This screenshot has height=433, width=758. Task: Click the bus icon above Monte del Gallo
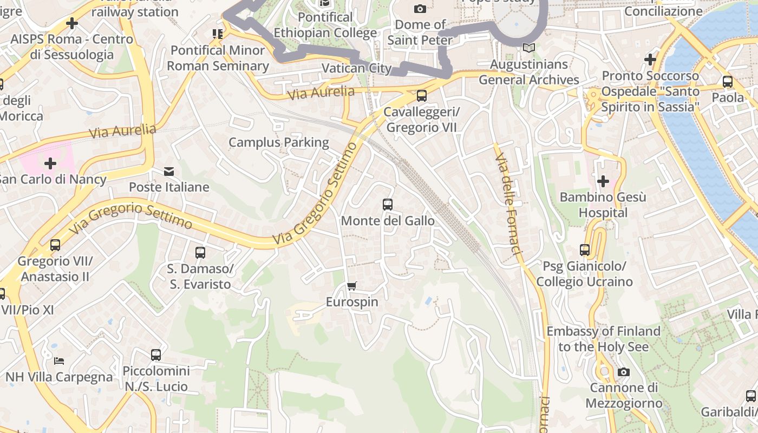[388, 205]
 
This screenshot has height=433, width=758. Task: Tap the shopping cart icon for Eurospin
[352, 286]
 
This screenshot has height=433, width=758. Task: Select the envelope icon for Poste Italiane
[169, 172]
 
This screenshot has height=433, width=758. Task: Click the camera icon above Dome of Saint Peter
[420, 9]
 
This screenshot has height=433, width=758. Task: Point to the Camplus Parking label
[279, 142]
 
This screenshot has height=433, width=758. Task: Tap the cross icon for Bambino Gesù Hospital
[603, 181]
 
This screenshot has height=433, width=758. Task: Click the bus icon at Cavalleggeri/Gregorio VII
[421, 96]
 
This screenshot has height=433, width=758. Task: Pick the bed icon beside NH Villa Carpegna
[59, 361]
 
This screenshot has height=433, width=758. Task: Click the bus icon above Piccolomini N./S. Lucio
[156, 355]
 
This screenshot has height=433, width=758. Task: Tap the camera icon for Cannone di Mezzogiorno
[624, 372]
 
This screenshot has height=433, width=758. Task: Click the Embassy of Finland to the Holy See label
[603, 339]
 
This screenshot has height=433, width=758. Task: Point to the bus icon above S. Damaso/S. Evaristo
[200, 252]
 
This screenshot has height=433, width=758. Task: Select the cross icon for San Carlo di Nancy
[50, 163]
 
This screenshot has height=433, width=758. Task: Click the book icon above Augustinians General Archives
[529, 48]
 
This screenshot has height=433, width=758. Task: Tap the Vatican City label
[356, 68]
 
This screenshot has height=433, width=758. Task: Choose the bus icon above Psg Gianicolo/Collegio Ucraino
[585, 250]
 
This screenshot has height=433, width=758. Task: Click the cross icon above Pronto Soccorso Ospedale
[650, 59]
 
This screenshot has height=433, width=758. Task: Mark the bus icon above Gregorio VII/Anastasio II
[55, 245]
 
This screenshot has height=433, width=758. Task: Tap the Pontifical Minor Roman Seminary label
[218, 58]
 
